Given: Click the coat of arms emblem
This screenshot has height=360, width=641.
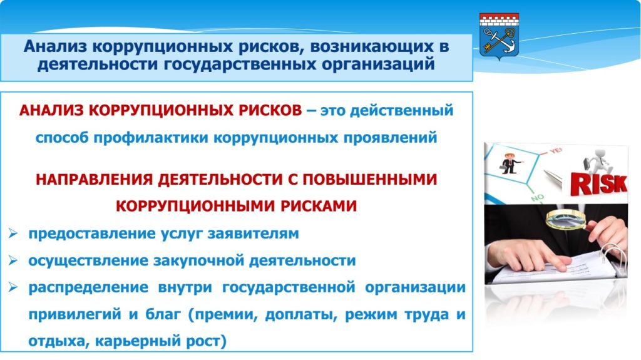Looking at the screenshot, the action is (x=499, y=36).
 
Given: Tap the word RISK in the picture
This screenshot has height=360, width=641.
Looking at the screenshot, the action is (x=599, y=183).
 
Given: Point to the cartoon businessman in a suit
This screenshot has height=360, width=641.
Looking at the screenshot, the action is (x=510, y=163).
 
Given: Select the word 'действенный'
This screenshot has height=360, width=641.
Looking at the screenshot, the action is (x=402, y=110).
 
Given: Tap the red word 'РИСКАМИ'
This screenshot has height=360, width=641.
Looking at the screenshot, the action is (x=319, y=206).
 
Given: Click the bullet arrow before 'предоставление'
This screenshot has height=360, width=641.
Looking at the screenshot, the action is (x=13, y=234).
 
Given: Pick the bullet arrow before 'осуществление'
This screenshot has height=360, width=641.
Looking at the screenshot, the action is (x=13, y=260).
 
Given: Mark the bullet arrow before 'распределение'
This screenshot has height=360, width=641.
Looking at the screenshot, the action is (x=13, y=287).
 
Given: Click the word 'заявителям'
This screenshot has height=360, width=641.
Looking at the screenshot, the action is (x=253, y=234).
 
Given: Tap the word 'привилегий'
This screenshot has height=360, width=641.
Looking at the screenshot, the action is (x=75, y=314).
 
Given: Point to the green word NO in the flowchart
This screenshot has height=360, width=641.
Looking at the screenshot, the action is (x=538, y=198).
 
